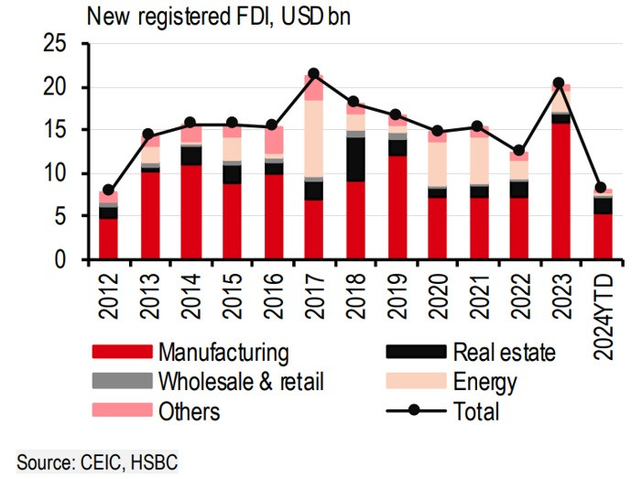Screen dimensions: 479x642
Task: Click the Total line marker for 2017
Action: click(313, 73)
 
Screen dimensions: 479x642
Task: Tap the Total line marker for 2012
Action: click(109, 191)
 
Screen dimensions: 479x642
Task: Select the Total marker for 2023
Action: click(558, 83)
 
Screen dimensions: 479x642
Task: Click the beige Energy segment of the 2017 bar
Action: click(313, 138)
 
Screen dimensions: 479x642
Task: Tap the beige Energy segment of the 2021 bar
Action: click(477, 160)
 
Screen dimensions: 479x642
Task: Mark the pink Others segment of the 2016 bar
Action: click(273, 141)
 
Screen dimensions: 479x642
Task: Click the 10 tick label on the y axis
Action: click(56, 174)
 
